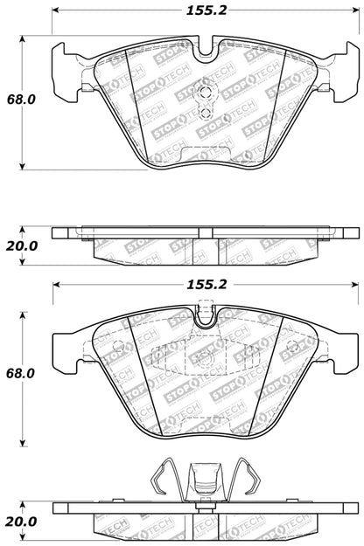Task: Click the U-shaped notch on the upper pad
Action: point(206,50)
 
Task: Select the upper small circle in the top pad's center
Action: point(205,95)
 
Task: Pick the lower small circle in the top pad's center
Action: point(205,112)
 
